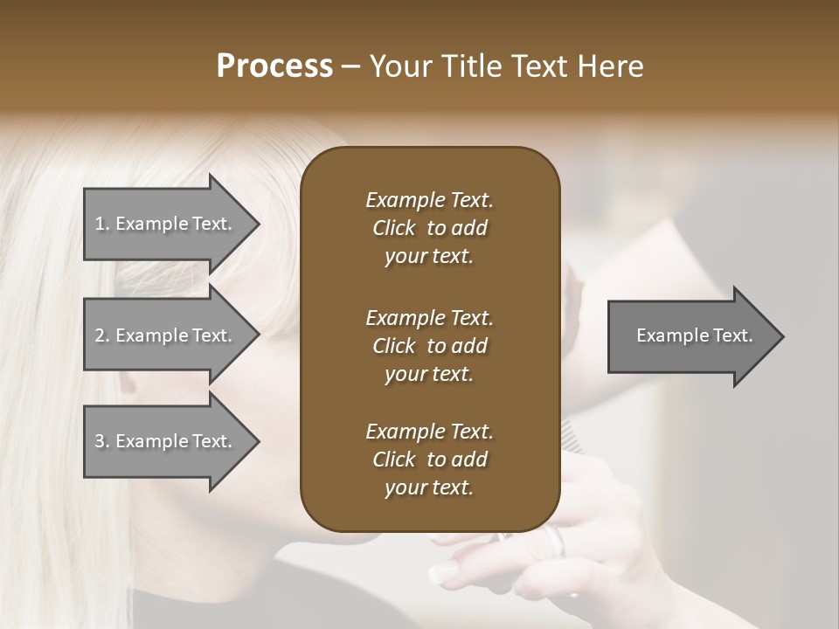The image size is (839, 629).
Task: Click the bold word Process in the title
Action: click(x=274, y=66)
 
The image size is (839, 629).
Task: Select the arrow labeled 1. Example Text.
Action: click(x=166, y=224)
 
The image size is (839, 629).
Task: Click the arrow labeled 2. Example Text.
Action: click(x=166, y=335)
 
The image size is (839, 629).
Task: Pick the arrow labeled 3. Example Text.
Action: click(x=166, y=441)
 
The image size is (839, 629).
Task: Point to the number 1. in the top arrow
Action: click(x=101, y=224)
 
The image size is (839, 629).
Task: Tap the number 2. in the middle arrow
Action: click(x=101, y=335)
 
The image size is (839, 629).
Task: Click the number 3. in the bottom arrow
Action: click(x=101, y=441)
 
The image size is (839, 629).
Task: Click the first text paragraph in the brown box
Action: click(x=429, y=228)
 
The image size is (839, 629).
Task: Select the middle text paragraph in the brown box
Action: click(x=429, y=346)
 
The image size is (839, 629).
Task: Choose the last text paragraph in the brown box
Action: click(x=429, y=460)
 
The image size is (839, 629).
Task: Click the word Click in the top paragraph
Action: click(x=394, y=228)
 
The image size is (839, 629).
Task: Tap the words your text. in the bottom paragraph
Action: click(x=429, y=487)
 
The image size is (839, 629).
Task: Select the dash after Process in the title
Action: click(x=350, y=66)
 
